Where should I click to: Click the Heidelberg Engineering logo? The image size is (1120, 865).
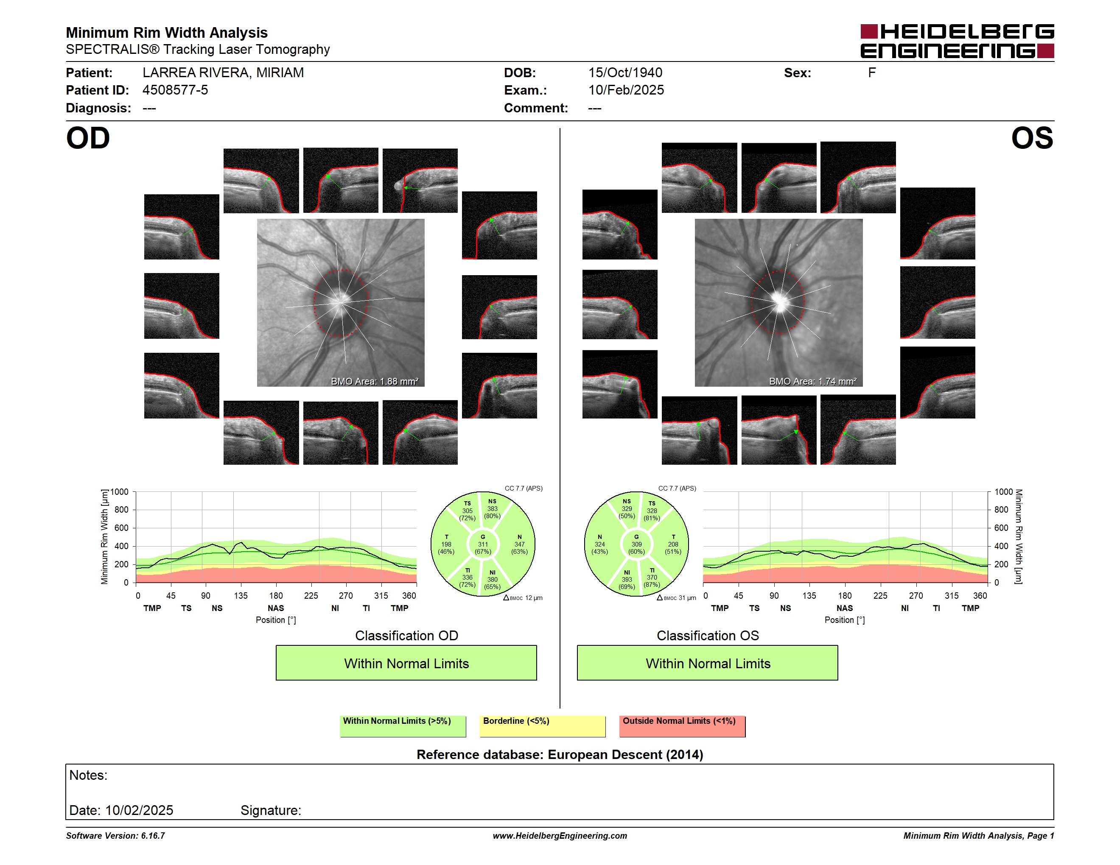[x=957, y=41]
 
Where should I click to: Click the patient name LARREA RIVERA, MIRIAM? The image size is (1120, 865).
[x=223, y=73]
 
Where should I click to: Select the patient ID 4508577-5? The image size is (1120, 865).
[x=175, y=90]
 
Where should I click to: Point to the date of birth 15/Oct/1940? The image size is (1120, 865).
[x=625, y=73]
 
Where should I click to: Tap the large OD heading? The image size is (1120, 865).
[x=88, y=138]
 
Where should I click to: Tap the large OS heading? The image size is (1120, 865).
[x=1032, y=138]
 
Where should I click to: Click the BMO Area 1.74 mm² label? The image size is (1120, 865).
[x=813, y=381]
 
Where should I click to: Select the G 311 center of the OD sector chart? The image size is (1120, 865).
[x=482, y=544]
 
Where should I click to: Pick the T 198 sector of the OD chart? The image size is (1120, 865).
[x=446, y=544]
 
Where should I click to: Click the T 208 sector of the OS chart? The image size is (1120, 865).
[x=673, y=544]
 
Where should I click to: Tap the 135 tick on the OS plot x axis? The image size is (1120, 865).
[x=809, y=595]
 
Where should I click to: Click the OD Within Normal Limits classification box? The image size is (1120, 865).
[x=406, y=663]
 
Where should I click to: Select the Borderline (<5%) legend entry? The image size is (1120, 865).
[x=542, y=726]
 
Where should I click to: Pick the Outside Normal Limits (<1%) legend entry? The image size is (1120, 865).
[x=682, y=726]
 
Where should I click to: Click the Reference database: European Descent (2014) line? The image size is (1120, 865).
[x=560, y=754]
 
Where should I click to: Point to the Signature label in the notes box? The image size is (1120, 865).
[x=271, y=810]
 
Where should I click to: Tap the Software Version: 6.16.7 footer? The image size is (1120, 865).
[x=115, y=836]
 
